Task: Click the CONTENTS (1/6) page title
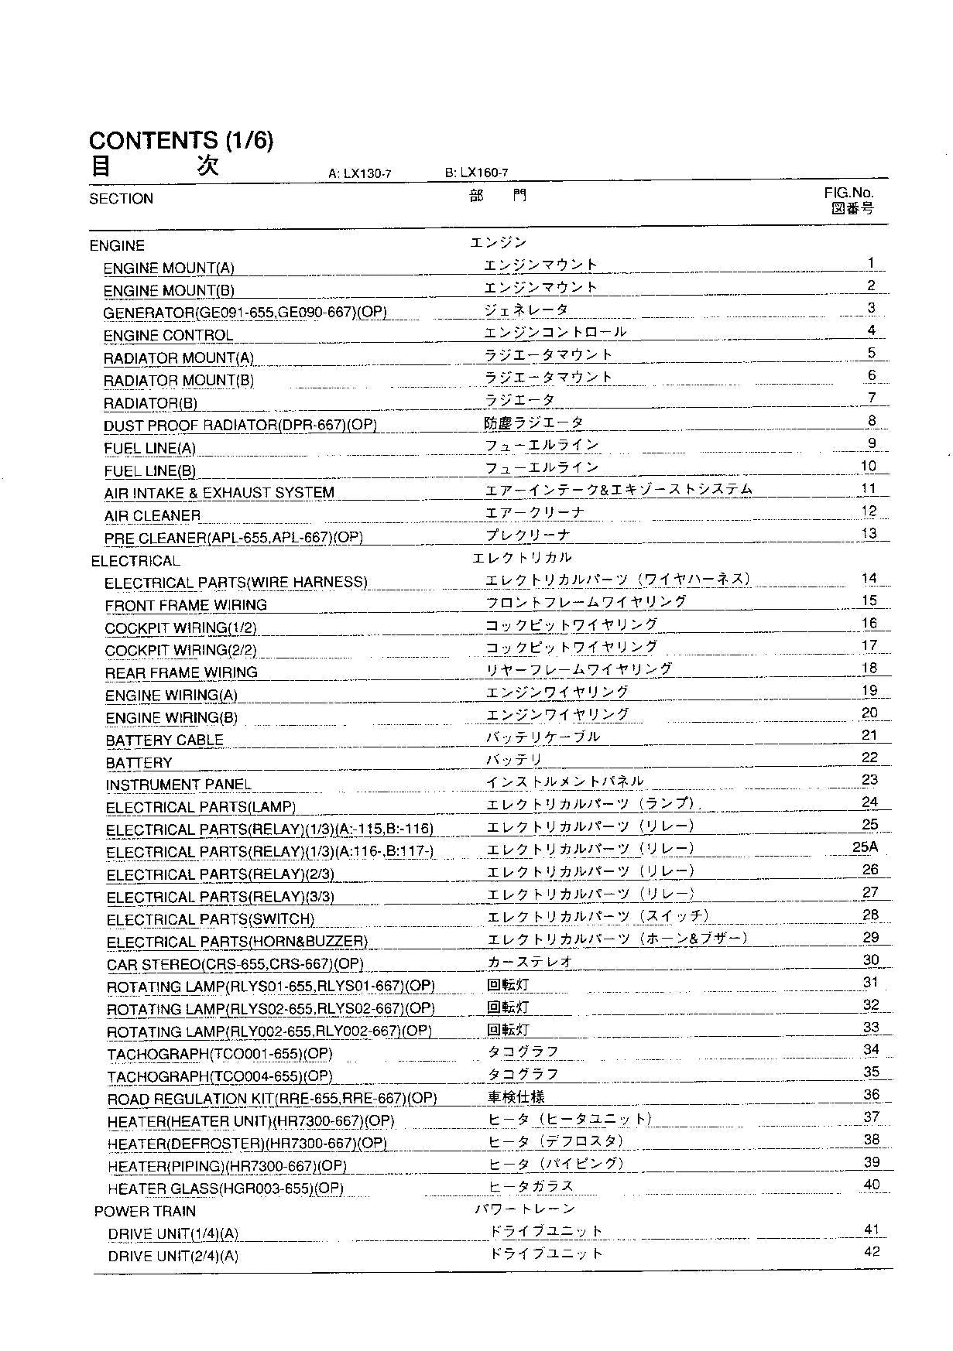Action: click(x=181, y=140)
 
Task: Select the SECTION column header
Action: click(x=121, y=199)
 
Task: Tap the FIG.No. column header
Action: click(x=848, y=193)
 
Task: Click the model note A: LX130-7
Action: click(x=360, y=174)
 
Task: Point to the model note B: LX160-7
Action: click(x=476, y=173)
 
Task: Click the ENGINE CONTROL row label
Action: click(x=168, y=336)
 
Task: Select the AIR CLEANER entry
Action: click(x=153, y=515)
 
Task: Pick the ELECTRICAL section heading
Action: click(x=135, y=561)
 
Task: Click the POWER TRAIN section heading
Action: click(x=145, y=1212)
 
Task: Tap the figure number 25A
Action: click(x=865, y=847)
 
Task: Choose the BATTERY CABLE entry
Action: click(x=164, y=740)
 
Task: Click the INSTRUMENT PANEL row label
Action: click(x=179, y=785)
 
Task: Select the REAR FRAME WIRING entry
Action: click(x=181, y=673)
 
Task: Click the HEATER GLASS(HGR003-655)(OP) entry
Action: click(x=225, y=1189)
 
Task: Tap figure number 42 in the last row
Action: click(x=872, y=1252)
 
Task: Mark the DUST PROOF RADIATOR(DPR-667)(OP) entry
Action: click(x=240, y=426)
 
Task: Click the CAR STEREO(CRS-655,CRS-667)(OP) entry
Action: click(x=235, y=965)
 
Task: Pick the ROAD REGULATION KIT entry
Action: click(x=272, y=1100)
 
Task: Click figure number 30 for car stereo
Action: click(x=871, y=960)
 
